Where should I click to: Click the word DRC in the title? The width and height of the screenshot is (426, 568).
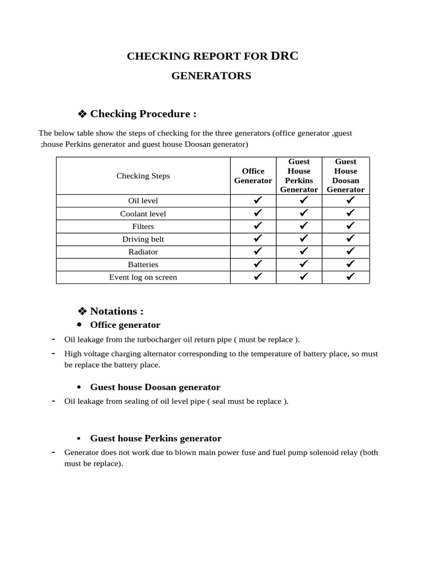pos(284,55)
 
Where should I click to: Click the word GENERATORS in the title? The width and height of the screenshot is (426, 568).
pos(211,76)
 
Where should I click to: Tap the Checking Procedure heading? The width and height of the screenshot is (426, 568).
pos(143,114)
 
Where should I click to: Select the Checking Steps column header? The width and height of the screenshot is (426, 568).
pos(143,176)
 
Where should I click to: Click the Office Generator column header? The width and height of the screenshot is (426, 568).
pos(253,176)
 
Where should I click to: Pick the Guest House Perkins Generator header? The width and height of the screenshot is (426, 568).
pos(299,176)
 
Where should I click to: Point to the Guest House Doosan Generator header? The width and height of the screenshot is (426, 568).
pos(346,176)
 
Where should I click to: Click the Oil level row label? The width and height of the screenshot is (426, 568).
pos(143,201)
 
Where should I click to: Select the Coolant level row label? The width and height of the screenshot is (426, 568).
pos(143,214)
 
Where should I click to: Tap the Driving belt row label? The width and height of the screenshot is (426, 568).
pos(143,239)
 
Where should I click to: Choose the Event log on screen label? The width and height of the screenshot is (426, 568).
pos(143,277)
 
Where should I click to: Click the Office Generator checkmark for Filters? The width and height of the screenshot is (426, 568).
pos(257,226)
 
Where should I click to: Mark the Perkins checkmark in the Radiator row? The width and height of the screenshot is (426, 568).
pos(303,252)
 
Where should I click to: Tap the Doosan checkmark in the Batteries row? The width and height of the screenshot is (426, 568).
pos(350,265)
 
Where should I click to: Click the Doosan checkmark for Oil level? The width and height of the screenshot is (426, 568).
pos(350,201)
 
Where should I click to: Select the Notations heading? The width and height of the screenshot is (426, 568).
pos(116,311)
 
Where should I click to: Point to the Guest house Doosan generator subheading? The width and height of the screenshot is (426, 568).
pos(155,387)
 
